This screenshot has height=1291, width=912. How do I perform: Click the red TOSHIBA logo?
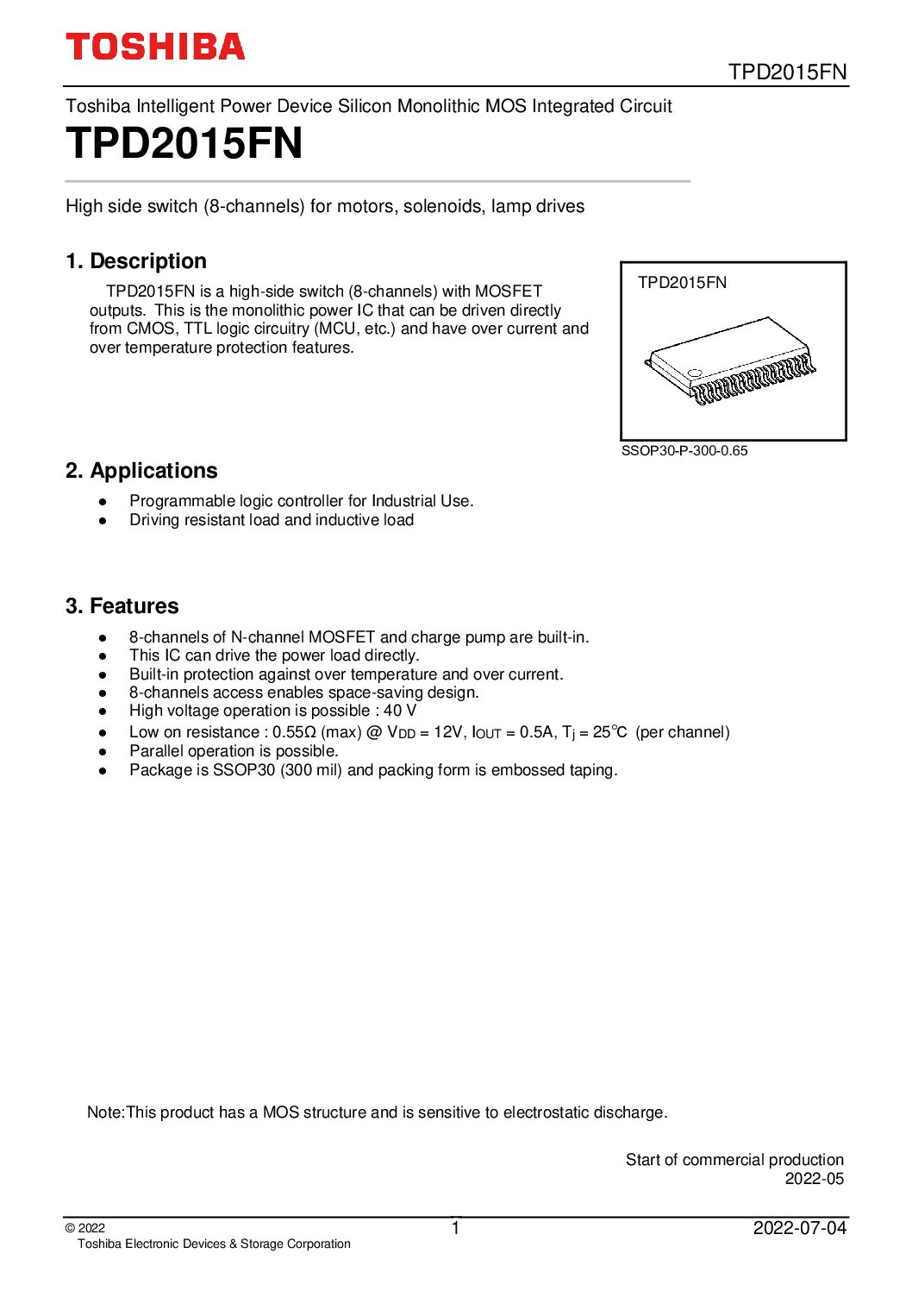tap(155, 47)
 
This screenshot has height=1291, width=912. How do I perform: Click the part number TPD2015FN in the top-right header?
tap(788, 72)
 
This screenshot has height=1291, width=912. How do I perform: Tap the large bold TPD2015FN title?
tap(184, 143)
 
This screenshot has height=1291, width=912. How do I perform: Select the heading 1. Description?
tap(136, 261)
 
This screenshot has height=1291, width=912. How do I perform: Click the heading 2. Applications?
tap(141, 471)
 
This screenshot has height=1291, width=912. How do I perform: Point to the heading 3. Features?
tap(122, 606)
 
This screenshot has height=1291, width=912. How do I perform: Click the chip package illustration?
tap(731, 361)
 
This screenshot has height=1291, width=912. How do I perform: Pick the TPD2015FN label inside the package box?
tap(682, 283)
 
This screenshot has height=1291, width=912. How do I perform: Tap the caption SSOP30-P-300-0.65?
tap(684, 451)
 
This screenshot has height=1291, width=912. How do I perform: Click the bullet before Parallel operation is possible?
tap(103, 752)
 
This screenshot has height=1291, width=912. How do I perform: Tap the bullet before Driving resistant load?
tap(103, 521)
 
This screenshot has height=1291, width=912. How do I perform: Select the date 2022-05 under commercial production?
tap(814, 1179)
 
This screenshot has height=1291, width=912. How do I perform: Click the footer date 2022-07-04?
tap(800, 1228)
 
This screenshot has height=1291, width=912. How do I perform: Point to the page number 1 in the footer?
tap(456, 1228)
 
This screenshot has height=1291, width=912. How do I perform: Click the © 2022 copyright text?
tap(85, 1229)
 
